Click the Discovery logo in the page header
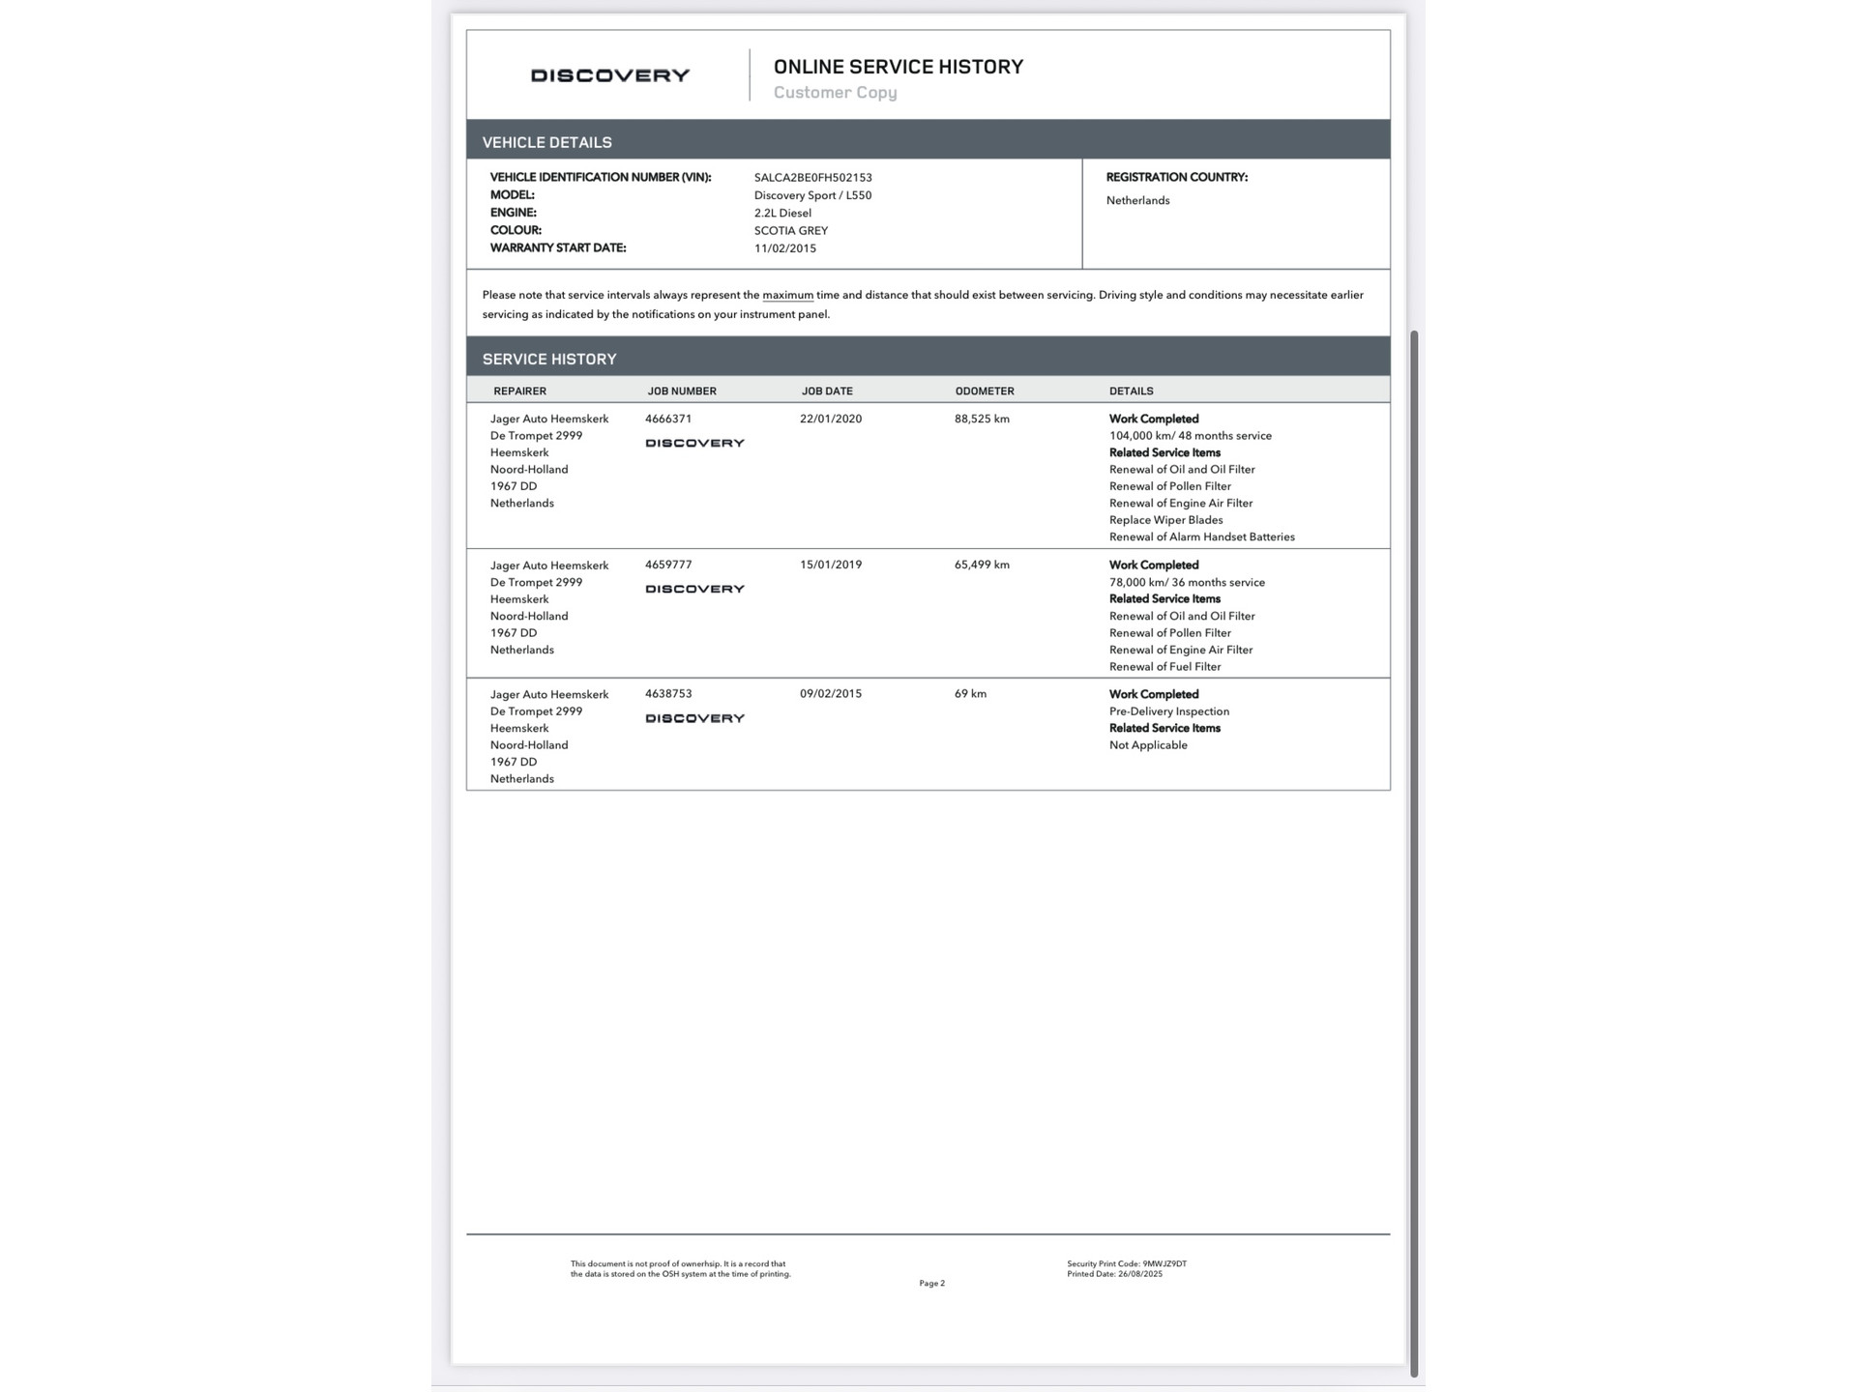tap(609, 75)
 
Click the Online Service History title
tap(898, 67)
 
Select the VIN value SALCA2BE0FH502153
tap(812, 178)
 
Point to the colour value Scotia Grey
tap(790, 231)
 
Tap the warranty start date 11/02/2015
tap(784, 248)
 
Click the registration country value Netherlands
tap(1137, 201)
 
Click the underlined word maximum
tap(787, 296)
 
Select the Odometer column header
tap(984, 391)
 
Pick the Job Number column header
tap(681, 391)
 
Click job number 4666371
tap(667, 420)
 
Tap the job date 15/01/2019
tap(830, 565)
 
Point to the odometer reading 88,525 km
tap(981, 420)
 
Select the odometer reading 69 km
tap(969, 694)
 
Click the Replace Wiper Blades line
tap(1165, 520)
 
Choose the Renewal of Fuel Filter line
tap(1164, 667)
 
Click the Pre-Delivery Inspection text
tap(1168, 711)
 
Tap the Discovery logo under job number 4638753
tap(694, 718)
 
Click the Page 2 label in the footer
tap(931, 1284)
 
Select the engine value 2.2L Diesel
tap(781, 214)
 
